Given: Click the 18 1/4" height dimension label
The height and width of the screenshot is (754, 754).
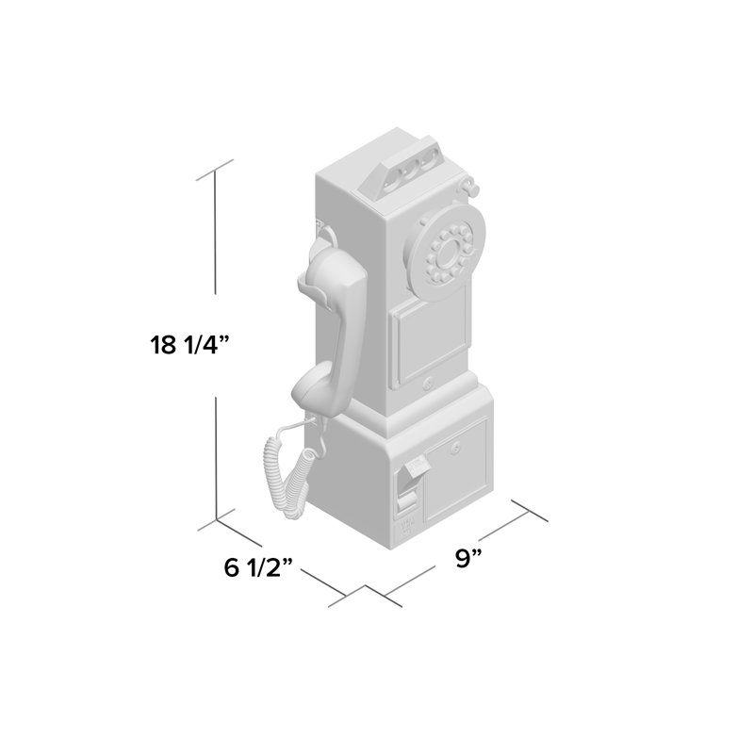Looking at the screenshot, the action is [190, 345].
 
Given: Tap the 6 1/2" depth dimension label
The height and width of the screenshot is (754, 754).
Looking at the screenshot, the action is [258, 567].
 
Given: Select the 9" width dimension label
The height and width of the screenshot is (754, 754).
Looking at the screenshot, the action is [468, 558].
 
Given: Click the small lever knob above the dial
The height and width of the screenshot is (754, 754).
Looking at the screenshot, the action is [471, 185].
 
